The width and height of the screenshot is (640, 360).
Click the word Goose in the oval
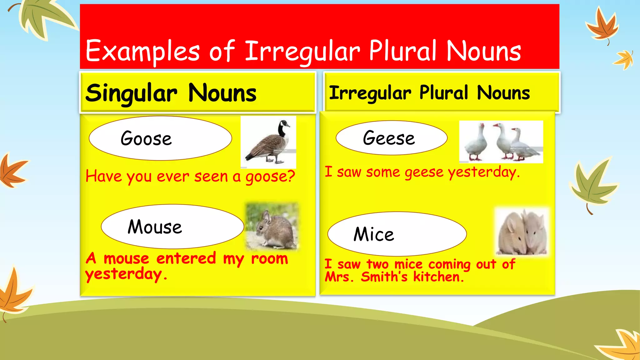(x=146, y=138)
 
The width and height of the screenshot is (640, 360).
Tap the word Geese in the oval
(x=389, y=138)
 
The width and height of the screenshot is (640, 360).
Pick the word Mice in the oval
(x=374, y=234)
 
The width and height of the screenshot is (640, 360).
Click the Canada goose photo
(x=268, y=142)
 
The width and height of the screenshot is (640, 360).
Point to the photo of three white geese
(x=501, y=142)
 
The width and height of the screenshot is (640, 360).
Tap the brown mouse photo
(x=272, y=226)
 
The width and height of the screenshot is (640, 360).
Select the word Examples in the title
(x=142, y=52)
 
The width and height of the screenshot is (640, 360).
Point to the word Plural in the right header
(x=444, y=93)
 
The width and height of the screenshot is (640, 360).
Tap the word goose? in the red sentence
(x=270, y=177)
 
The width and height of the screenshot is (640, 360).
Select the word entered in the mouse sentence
(x=186, y=258)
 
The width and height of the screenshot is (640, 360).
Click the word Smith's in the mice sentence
(x=384, y=277)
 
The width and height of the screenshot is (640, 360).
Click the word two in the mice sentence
(x=377, y=264)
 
